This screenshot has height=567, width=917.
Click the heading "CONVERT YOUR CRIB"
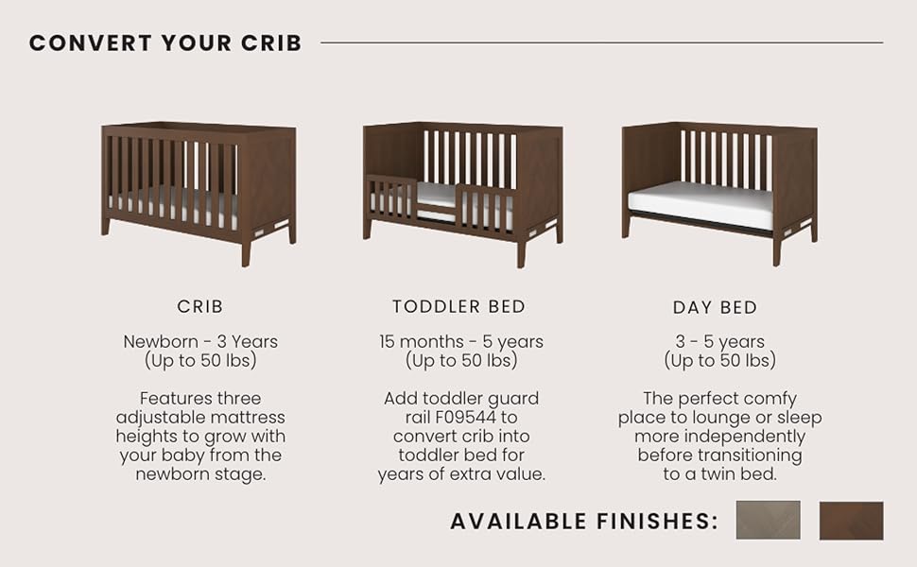[x=165, y=43]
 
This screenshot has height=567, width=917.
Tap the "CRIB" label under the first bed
[x=200, y=306]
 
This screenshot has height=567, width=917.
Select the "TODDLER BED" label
[x=459, y=306]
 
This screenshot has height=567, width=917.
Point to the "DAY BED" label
[x=716, y=307]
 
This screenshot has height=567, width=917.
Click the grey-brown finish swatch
[x=768, y=520]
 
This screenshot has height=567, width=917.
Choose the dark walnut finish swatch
[x=851, y=521]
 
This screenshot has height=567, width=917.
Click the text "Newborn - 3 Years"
[x=200, y=341]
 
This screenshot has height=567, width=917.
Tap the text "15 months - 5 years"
[x=460, y=341]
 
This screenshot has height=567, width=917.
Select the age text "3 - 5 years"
[x=720, y=341]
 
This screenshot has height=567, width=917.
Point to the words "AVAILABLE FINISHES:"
[x=583, y=521]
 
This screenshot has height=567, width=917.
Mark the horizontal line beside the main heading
[x=602, y=43]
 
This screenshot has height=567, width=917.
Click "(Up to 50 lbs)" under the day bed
[x=720, y=360]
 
